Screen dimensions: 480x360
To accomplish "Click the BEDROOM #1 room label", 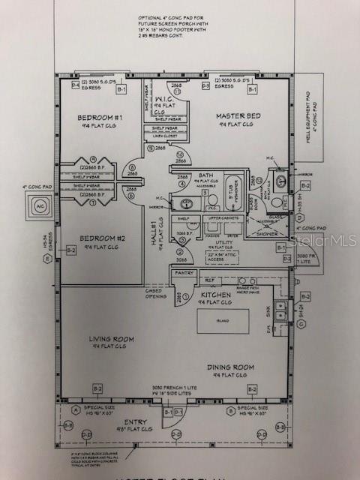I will [x=100, y=118].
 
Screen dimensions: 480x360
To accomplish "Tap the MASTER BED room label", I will [x=238, y=116].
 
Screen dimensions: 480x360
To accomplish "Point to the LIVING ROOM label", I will [x=112, y=339].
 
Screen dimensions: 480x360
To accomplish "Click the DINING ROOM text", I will [x=231, y=367].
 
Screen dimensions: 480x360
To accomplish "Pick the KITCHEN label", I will [x=215, y=295].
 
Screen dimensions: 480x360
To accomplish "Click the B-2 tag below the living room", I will [x=97, y=388].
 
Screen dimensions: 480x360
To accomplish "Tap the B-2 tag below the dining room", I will [x=252, y=388].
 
